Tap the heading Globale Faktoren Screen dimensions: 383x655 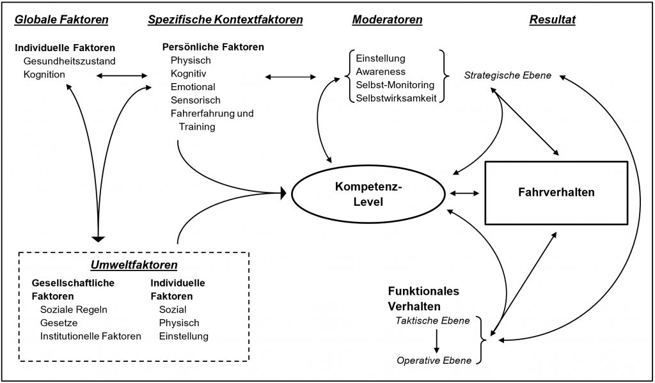point(61,20)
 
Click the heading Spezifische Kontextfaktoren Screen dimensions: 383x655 point(225,20)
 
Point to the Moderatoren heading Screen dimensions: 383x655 point(387,20)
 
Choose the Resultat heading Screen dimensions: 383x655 point(553,20)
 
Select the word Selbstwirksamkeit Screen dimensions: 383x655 point(396,97)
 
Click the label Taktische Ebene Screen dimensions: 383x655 point(433,320)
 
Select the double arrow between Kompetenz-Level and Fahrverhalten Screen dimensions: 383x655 point(464,192)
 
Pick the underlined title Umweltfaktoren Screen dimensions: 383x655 point(133,265)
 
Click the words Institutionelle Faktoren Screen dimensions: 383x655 point(90,336)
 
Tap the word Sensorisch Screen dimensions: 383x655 point(196,100)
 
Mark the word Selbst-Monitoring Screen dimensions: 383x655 point(395,84)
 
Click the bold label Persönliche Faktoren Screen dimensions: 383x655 point(213,47)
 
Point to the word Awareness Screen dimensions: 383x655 point(381,72)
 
